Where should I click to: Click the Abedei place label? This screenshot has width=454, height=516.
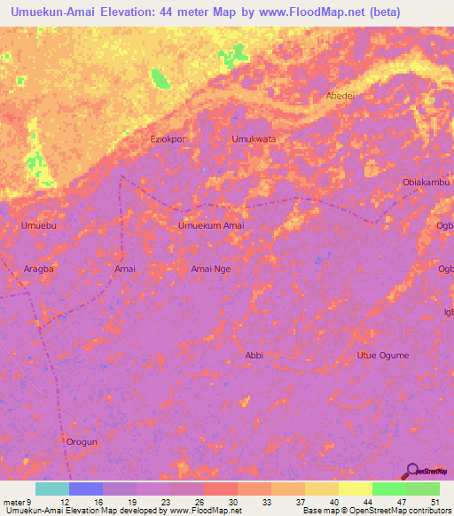point(340,97)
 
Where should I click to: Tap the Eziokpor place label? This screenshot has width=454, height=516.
point(168,139)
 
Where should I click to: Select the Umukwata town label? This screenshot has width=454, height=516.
point(254,139)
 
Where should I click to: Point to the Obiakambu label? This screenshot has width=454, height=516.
point(427,183)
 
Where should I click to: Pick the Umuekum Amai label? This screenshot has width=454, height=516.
point(211,226)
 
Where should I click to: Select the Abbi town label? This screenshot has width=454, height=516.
point(254,355)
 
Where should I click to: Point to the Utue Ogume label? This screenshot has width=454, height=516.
point(383,355)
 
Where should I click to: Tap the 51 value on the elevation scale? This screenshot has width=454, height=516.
point(434,501)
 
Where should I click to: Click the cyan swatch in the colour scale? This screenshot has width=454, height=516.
point(51,489)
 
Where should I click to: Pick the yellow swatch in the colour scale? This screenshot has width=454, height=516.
point(355,489)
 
